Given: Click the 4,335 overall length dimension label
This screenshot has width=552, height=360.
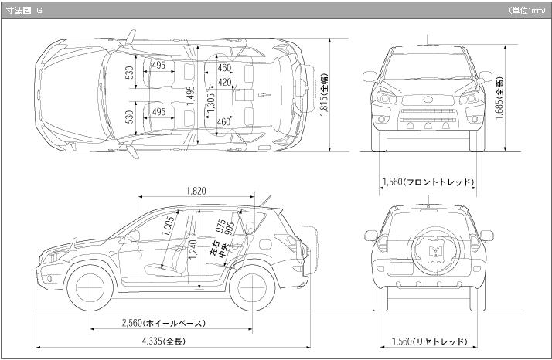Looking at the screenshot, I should [163, 341].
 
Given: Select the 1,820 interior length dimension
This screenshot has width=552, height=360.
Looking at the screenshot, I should [196, 190].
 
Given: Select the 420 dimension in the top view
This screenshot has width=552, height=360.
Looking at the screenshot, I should [225, 82].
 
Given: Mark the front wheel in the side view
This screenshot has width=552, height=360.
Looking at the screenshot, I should [92, 287].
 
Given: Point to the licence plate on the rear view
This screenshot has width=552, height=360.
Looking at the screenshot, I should [400, 266].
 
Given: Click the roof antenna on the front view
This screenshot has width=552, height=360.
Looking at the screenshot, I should [428, 39].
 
